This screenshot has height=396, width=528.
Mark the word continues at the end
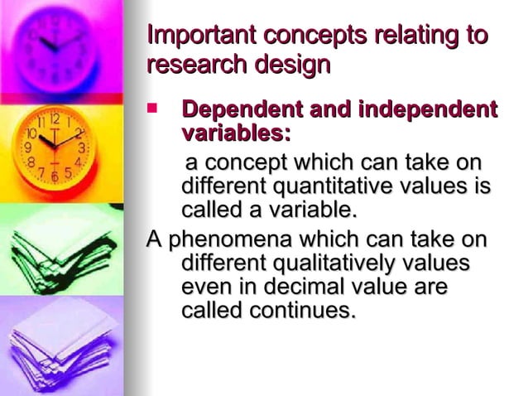[301, 311]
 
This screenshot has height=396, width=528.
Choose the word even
[204, 287]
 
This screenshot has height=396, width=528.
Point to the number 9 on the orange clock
[27, 147]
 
